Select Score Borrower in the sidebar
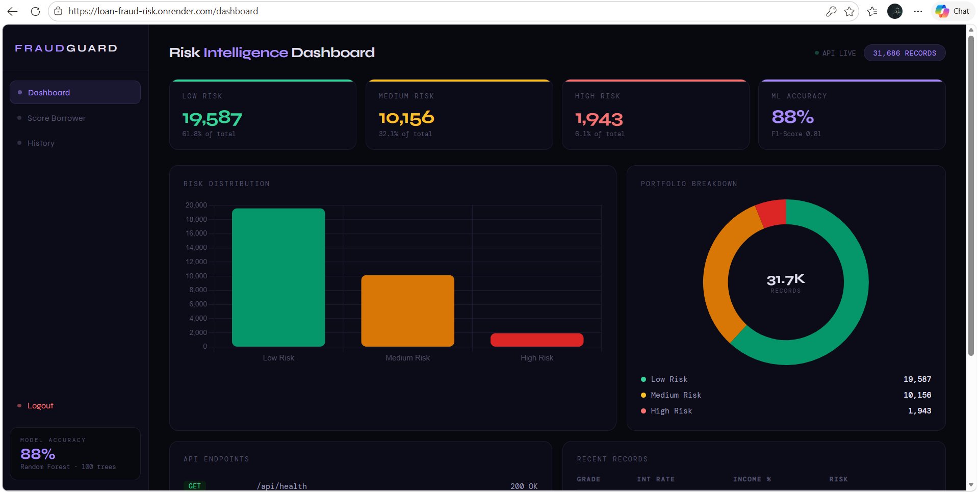click(56, 118)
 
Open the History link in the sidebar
click(41, 143)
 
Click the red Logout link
click(40, 406)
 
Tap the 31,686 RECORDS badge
click(904, 53)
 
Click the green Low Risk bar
click(278, 277)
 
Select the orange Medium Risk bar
click(407, 310)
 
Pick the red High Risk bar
click(536, 340)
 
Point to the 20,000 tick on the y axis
click(196, 205)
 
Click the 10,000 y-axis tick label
click(196, 276)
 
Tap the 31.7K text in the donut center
click(785, 279)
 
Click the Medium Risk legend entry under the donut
click(676, 395)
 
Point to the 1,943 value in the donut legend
click(919, 411)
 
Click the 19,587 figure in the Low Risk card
click(212, 119)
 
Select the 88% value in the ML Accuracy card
click(792, 117)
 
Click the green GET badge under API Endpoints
click(195, 486)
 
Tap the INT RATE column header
click(656, 479)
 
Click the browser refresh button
click(35, 11)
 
